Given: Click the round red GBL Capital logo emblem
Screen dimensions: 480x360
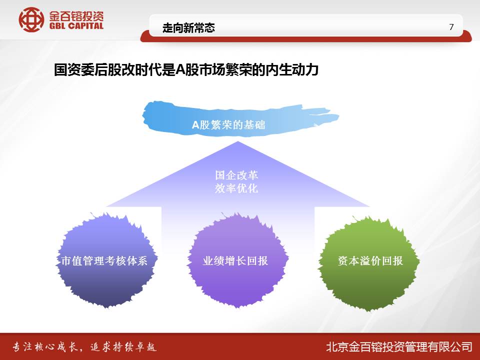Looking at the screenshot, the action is pyautogui.click(x=31, y=20).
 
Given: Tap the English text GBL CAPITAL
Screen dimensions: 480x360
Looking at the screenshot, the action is pyautogui.click(x=76, y=26).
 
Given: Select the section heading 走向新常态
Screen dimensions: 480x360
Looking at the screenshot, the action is pyautogui.click(x=188, y=28).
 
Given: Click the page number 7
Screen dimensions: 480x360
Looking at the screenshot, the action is pyautogui.click(x=451, y=27).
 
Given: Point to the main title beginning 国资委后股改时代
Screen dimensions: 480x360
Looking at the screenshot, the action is pyautogui.click(x=186, y=70).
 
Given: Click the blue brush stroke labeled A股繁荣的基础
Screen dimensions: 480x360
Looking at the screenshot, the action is pyautogui.click(x=240, y=119).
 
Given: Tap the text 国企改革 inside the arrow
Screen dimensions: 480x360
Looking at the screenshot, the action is pyautogui.click(x=236, y=175).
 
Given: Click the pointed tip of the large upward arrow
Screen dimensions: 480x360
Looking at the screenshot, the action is pyautogui.click(x=238, y=141).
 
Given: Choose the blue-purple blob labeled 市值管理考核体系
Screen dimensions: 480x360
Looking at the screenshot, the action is pyautogui.click(x=105, y=260).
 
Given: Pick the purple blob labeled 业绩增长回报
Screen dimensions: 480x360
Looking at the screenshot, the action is pyautogui.click(x=237, y=260).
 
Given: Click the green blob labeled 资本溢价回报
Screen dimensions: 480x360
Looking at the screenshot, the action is pyautogui.click(x=369, y=263).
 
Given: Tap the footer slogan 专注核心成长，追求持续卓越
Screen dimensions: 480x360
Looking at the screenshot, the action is pyautogui.click(x=84, y=347).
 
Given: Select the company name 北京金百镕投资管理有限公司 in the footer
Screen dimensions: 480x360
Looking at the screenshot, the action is pyautogui.click(x=399, y=347).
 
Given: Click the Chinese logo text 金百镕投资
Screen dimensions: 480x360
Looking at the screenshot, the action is pyautogui.click(x=76, y=16).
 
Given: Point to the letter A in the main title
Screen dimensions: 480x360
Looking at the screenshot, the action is pyautogui.click(x=179, y=70).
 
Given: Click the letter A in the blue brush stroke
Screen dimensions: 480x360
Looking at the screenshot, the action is pyautogui.click(x=195, y=125).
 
